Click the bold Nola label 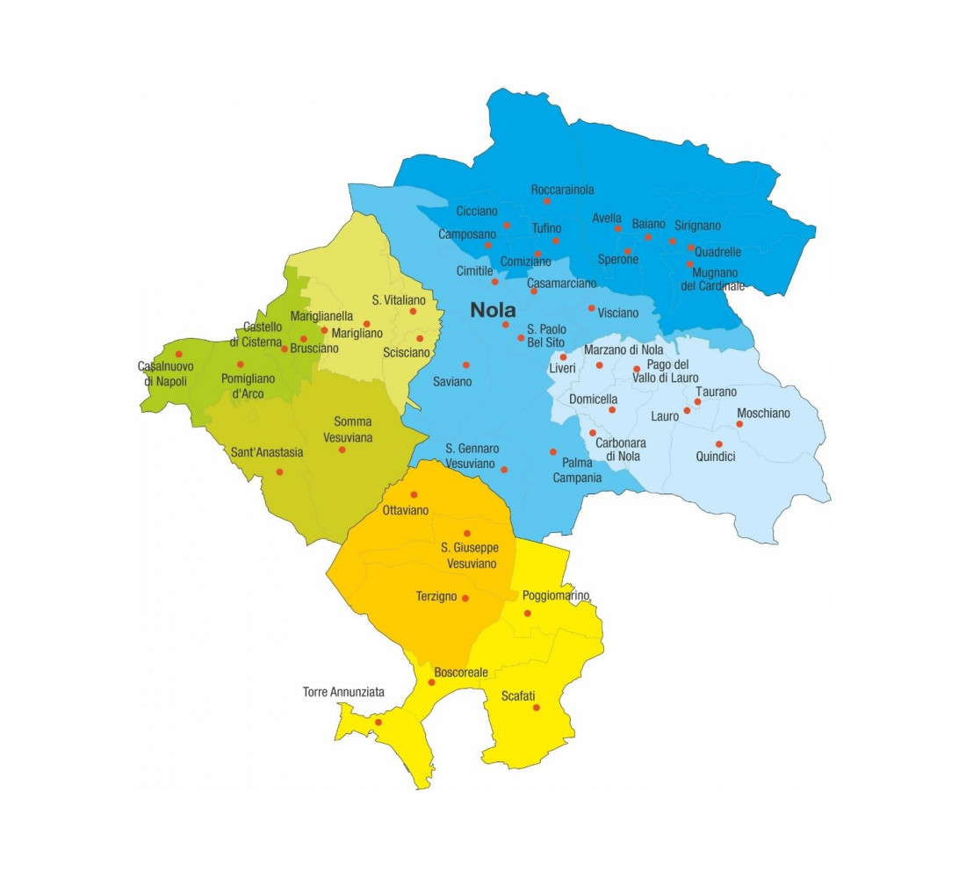(493, 310)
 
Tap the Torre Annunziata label (343, 692)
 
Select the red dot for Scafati (536, 708)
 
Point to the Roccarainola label (562, 190)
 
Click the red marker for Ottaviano (414, 494)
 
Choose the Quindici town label (717, 457)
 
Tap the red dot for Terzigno (465, 599)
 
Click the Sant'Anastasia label (267, 453)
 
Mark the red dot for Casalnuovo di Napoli (178, 355)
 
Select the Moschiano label (763, 414)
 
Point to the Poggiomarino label (555, 595)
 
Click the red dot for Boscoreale (431, 682)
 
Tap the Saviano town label (452, 382)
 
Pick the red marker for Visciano (591, 308)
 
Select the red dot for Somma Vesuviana (342, 450)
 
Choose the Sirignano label (697, 226)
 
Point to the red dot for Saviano (465, 364)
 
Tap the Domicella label (594, 399)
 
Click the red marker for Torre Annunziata (378, 723)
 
